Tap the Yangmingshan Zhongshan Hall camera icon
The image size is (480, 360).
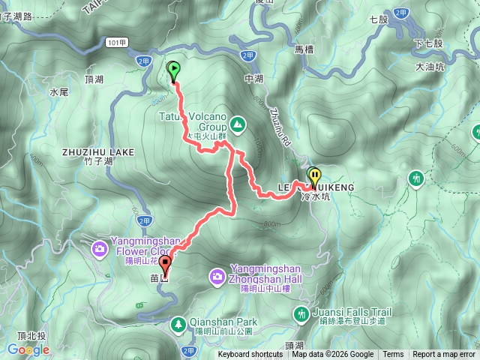point(217,277)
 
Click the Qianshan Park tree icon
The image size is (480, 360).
point(178,324)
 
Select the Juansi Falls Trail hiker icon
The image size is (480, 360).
point(301,313)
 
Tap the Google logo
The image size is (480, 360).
point(28,349)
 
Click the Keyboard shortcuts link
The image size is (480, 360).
point(251,355)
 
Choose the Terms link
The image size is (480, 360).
point(393,355)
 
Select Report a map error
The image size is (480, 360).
point(444,355)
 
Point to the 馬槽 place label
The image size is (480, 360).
point(303,49)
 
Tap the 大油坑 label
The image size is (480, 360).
point(430,67)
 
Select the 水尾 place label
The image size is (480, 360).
point(59,91)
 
